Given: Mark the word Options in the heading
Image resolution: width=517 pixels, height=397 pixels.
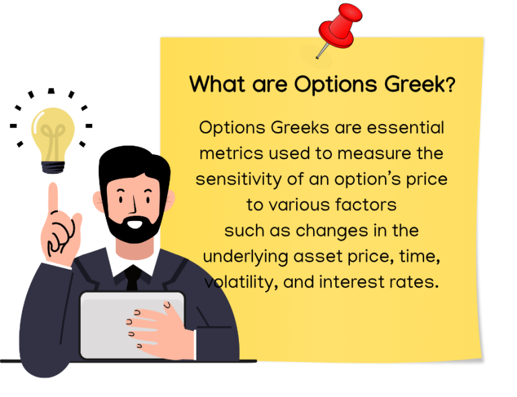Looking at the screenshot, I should [334, 84].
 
